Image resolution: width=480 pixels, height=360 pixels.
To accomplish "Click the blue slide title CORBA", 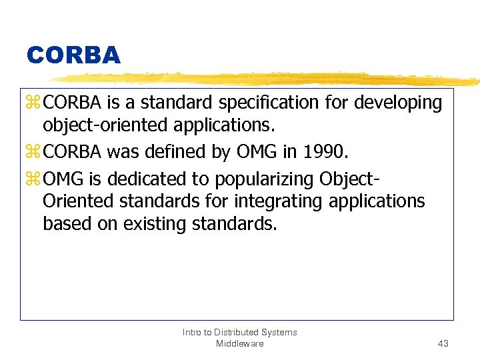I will pos(73,55).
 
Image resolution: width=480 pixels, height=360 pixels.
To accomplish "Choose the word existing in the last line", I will pos(155,223).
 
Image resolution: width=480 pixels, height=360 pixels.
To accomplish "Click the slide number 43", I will pos(443,343).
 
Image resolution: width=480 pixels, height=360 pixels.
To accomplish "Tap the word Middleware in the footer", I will pos(239,343).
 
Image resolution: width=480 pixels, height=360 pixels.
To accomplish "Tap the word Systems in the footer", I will pos(281,332).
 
